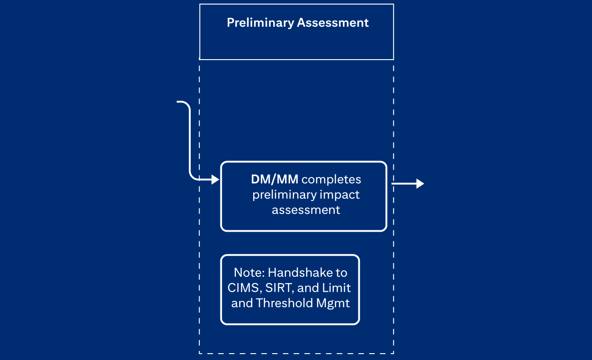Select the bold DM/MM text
click(275, 179)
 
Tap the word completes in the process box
click(331, 179)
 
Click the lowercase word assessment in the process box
click(306, 210)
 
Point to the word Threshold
click(279, 303)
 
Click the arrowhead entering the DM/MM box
click(216, 180)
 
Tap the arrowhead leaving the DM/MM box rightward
click(420, 184)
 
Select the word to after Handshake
click(342, 273)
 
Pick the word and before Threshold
click(241, 303)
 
